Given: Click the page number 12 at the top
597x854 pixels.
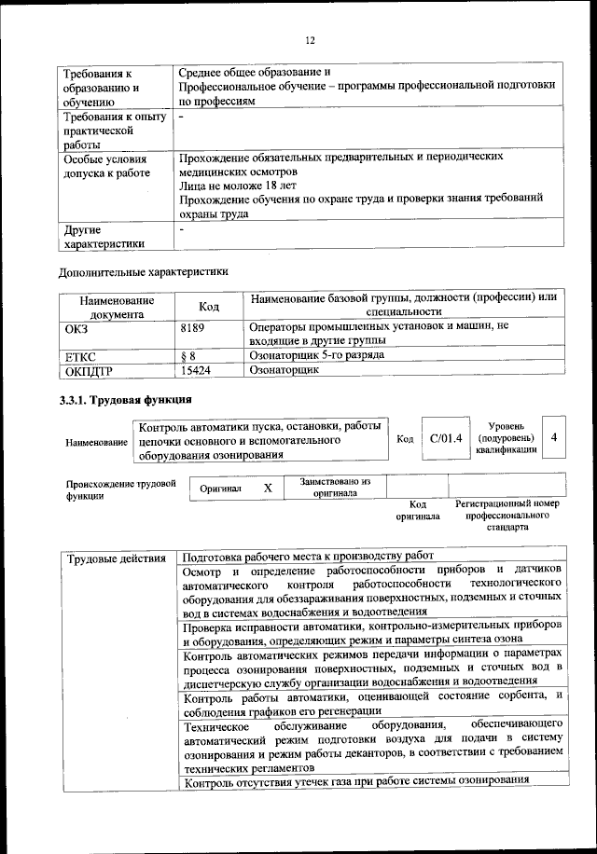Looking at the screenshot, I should (311, 40).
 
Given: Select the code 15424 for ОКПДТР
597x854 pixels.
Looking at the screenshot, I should (197, 369).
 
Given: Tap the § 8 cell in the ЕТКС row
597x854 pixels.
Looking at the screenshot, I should (187, 355).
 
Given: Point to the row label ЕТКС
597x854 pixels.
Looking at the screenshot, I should (80, 355).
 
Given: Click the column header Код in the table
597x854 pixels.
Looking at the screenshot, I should (209, 308).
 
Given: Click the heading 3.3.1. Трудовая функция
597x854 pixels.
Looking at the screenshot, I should (126, 400).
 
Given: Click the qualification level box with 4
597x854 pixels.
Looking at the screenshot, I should (554, 437).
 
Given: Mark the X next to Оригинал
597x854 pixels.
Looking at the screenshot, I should (268, 488).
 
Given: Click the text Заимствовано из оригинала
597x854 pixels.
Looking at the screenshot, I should (335, 487).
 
